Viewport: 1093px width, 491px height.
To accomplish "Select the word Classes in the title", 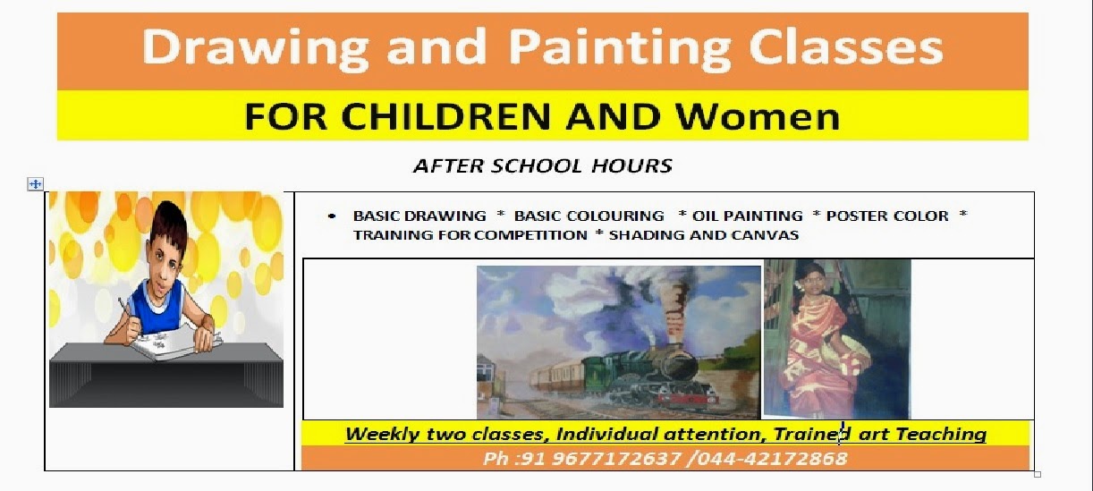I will (x=846, y=48).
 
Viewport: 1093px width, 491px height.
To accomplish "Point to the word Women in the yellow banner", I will (x=757, y=117).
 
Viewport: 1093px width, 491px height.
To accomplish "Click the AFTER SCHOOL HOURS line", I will (x=542, y=165).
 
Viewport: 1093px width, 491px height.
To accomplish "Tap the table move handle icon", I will (x=35, y=184).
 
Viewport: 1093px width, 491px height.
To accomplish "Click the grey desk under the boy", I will (x=166, y=380).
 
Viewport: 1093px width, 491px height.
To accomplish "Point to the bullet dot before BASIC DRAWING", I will (x=333, y=216).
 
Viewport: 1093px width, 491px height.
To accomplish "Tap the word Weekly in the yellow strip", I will (x=376, y=435).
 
